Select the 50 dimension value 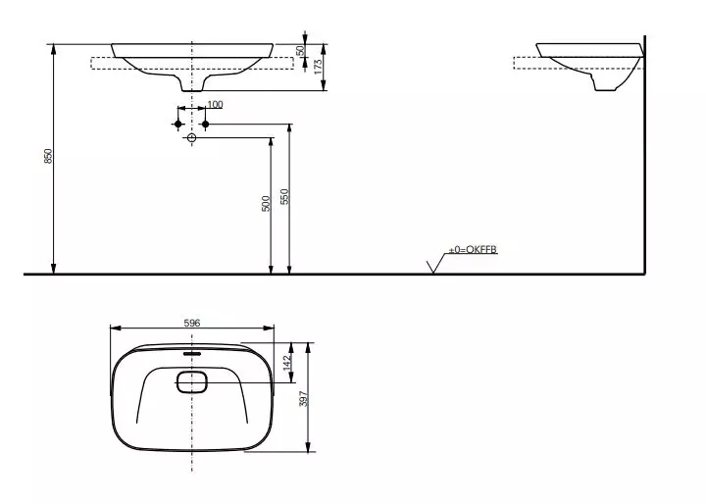coord(301,50)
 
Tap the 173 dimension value coord(317,66)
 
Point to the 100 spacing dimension coord(215,104)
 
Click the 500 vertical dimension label coord(266,205)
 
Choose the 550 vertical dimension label coord(284,196)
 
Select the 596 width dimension coord(191,321)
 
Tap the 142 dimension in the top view coord(287,362)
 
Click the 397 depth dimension coord(304,398)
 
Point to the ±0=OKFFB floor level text coord(474,251)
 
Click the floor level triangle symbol coord(433,266)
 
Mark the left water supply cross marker coord(177,125)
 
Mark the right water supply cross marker coord(206,125)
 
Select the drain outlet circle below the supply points coord(191,139)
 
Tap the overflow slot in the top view coord(191,352)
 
